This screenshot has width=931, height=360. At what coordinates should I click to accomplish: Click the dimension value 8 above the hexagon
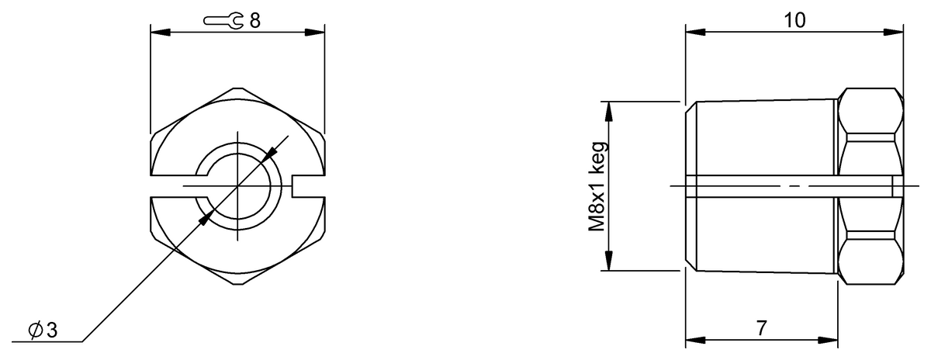254,21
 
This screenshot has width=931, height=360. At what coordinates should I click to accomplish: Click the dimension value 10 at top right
794,21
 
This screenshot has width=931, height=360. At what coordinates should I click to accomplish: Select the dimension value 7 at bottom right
762,329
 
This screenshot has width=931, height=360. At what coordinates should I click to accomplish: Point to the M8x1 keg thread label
597,186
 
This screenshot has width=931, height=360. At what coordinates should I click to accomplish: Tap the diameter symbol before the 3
35,331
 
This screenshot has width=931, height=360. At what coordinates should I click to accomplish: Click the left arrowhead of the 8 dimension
158,32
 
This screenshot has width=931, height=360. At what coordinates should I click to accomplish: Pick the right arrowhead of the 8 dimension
315,32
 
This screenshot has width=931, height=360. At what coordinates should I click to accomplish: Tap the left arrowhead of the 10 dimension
695,32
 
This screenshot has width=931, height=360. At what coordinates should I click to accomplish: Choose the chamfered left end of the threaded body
690,186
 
